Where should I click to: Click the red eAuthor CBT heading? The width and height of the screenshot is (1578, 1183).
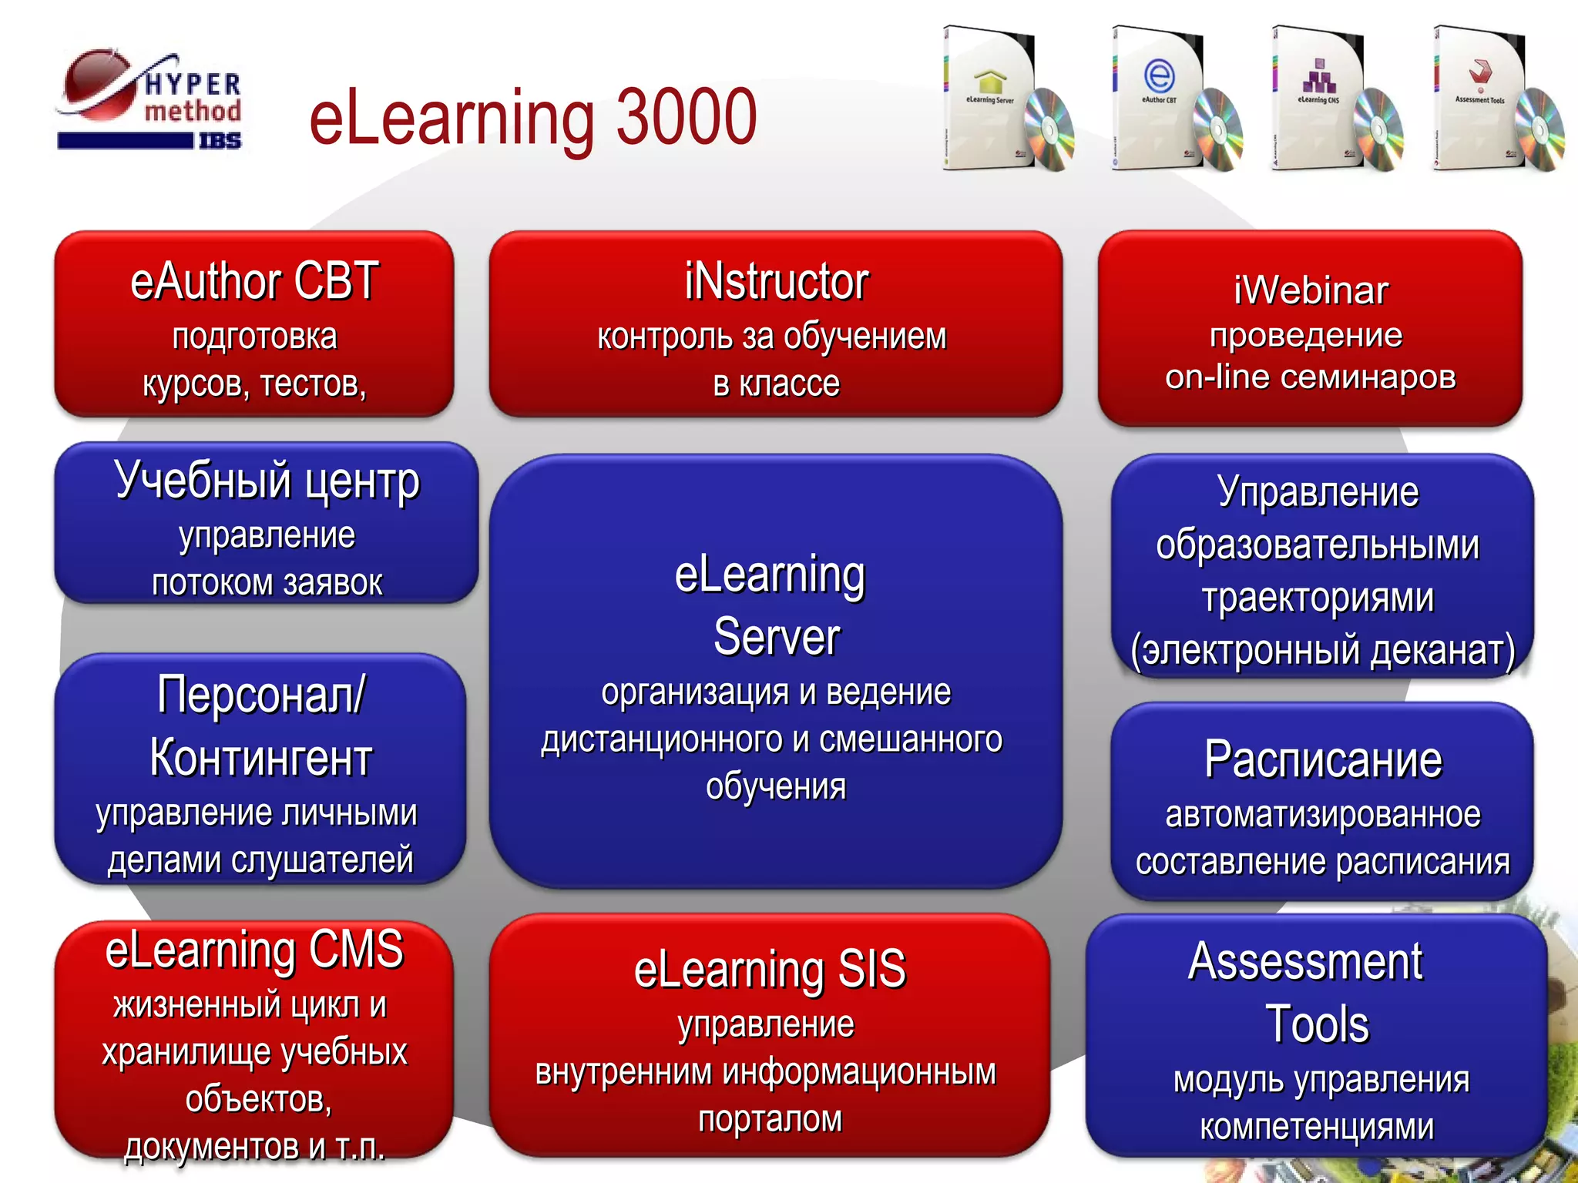pos(254,281)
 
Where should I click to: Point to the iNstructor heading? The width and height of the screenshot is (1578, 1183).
pos(776,282)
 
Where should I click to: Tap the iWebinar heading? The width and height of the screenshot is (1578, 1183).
pos(1311,291)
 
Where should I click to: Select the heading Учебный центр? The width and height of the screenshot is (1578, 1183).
pos(267,481)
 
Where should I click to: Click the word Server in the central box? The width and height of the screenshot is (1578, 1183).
pos(776,638)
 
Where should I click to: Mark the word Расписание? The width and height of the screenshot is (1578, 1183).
pos(1323,760)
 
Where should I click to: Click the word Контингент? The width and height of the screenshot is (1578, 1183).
pos(260,758)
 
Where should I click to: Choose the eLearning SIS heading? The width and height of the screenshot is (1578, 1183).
pos(770,969)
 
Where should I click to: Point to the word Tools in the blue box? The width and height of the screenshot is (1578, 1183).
pos(1317,1024)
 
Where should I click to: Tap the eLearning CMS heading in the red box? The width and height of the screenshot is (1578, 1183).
pos(254,950)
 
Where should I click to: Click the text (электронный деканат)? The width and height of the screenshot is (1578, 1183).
pos(1322,651)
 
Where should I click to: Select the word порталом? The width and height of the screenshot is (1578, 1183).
pos(770,1119)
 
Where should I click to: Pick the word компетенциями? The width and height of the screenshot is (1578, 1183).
pos(1317,1128)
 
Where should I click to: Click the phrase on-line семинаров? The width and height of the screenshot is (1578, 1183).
pos(1311,377)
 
